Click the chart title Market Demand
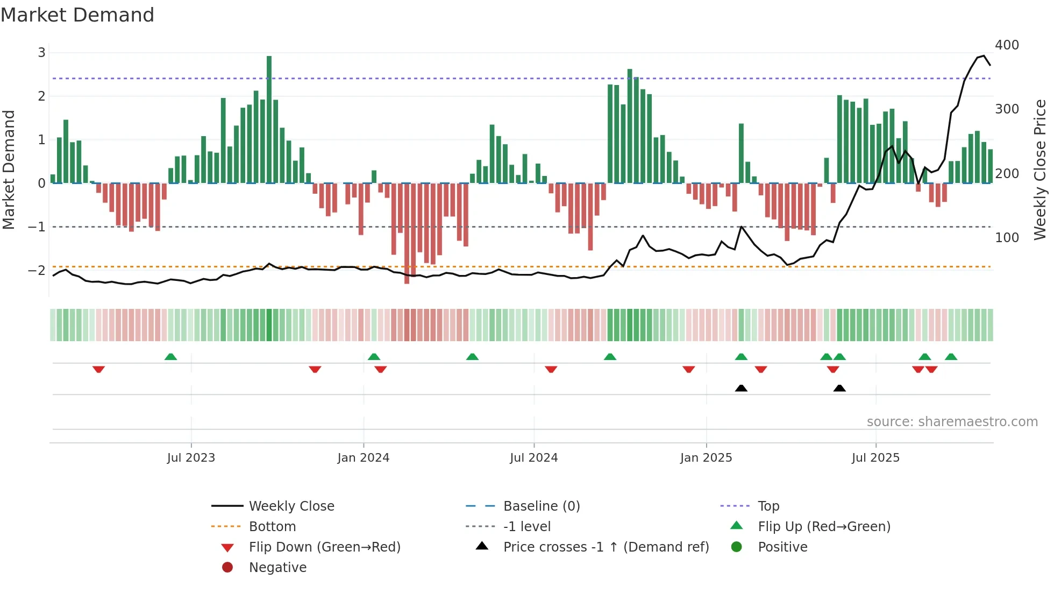[x=77, y=15]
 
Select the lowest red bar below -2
[x=407, y=234]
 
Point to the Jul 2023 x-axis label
[x=191, y=458]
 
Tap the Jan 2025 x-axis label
[x=706, y=458]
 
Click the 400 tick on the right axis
[x=1007, y=45]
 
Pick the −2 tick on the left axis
[x=37, y=270]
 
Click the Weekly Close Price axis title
[x=1040, y=170]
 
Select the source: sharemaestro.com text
[x=952, y=422]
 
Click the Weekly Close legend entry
[x=291, y=506]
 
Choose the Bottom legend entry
[x=272, y=527]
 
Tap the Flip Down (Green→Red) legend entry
[x=324, y=547]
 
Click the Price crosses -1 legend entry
[x=606, y=547]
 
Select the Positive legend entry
[x=782, y=547]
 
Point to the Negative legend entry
[x=277, y=568]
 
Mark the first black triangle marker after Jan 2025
[x=741, y=388]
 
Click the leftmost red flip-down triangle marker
[x=98, y=369]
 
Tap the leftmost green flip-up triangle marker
[x=170, y=357]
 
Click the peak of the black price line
[x=984, y=55]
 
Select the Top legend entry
[x=768, y=506]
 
